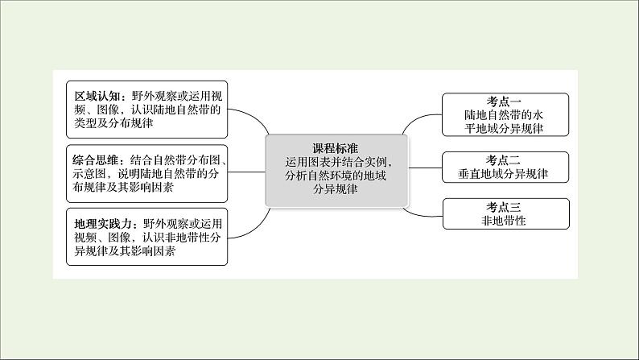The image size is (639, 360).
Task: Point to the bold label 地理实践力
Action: coord(97,223)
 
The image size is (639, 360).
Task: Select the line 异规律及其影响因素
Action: coord(124,252)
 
